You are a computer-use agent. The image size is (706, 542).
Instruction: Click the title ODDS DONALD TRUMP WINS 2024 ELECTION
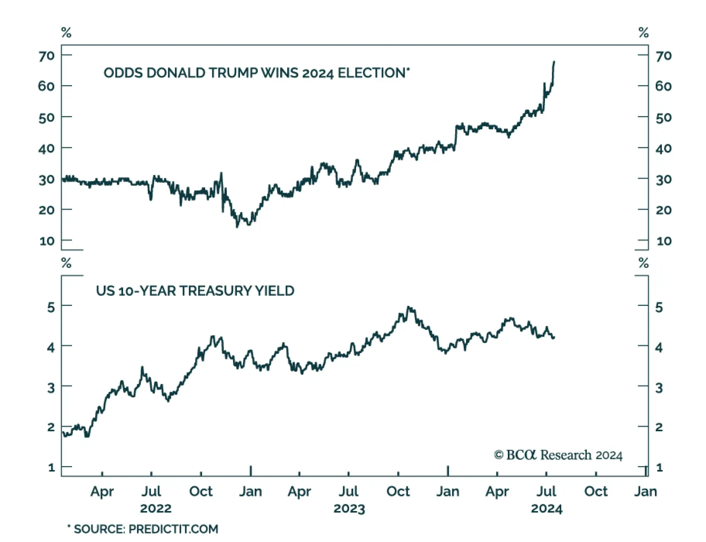pyautogui.click(x=256, y=72)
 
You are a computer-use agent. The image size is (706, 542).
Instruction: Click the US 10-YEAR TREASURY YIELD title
pyautogui.click(x=195, y=291)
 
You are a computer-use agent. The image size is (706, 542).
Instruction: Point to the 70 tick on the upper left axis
pyautogui.click(x=46, y=56)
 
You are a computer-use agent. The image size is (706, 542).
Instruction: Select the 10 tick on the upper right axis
pyautogui.click(x=664, y=241)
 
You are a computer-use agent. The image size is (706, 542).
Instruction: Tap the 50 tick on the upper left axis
pyautogui.click(x=46, y=117)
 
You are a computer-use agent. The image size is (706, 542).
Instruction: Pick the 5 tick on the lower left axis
pyautogui.click(x=51, y=306)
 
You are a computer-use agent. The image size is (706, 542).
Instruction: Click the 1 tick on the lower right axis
pyautogui.click(x=659, y=467)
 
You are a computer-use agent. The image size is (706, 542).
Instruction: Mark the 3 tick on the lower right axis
pyautogui.click(x=659, y=388)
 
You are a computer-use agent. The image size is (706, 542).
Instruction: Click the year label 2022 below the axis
pyautogui.click(x=155, y=508)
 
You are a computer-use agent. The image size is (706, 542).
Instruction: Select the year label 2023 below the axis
pyautogui.click(x=349, y=508)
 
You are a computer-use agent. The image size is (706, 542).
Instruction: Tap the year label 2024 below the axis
pyautogui.click(x=546, y=508)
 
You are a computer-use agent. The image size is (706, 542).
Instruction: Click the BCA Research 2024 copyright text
pyautogui.click(x=558, y=455)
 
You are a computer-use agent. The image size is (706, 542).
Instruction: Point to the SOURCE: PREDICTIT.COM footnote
pyautogui.click(x=143, y=529)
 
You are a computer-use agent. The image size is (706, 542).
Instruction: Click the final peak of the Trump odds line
pyautogui.click(x=554, y=62)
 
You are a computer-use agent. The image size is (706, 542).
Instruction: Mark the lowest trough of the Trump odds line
pyautogui.click(x=237, y=226)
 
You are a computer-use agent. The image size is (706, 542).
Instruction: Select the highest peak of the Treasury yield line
pyautogui.click(x=409, y=307)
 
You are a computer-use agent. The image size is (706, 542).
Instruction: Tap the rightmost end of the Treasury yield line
pyautogui.click(x=554, y=338)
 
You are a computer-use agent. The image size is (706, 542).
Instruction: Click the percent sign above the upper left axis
pyautogui.click(x=66, y=33)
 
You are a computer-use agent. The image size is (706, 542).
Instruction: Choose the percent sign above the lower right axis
pyautogui.click(x=643, y=263)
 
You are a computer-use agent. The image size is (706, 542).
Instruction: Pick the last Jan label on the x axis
pyautogui.click(x=645, y=491)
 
